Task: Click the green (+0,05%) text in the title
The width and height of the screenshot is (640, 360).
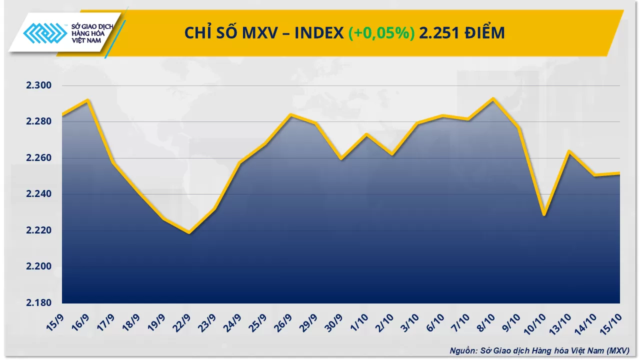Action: point(381,33)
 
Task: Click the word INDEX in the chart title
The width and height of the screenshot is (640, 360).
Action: point(318,33)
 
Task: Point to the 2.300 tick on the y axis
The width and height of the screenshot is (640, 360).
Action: point(38,85)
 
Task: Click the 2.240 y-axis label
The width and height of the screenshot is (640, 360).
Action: point(38,194)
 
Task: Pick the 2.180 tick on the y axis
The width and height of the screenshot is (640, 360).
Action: point(38,302)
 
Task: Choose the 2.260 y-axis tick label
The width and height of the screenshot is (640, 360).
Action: point(38,158)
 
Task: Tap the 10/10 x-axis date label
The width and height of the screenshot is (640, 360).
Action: point(537,322)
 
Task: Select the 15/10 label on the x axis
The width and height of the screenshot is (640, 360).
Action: point(613,322)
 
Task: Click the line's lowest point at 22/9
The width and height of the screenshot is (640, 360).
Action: point(189,232)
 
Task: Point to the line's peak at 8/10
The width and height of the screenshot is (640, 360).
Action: point(493,98)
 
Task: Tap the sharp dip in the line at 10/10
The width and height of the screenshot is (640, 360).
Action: point(544,215)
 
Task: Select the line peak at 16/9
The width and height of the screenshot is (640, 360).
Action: point(87,100)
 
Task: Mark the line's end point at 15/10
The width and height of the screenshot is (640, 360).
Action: point(619,173)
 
